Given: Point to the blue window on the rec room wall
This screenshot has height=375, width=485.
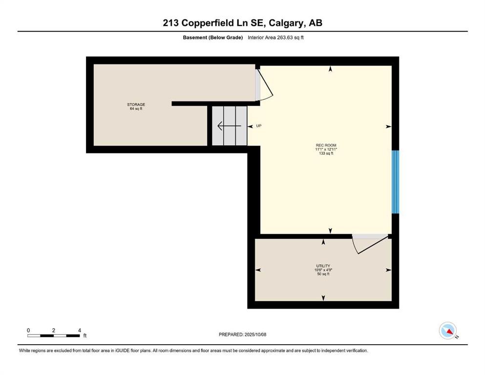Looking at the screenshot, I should (396, 182).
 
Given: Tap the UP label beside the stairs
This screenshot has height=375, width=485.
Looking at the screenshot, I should (259, 126).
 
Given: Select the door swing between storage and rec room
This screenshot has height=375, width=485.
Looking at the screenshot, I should (264, 85).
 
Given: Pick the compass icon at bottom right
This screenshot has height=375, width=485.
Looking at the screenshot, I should (448, 331).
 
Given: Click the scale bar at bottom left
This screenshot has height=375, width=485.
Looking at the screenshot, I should (54, 335).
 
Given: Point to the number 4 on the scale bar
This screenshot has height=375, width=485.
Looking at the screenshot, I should (79, 330).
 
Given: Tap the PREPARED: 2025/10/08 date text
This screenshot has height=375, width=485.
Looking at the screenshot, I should (242, 334).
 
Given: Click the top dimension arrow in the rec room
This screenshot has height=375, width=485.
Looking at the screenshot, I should (331, 69).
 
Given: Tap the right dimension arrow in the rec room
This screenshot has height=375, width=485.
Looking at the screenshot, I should (388, 126).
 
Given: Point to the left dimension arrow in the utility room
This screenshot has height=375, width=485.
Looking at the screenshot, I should (258, 270).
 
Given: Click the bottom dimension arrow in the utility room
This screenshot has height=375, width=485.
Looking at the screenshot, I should (323, 298).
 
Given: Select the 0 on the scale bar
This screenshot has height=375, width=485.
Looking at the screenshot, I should (29, 330).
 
